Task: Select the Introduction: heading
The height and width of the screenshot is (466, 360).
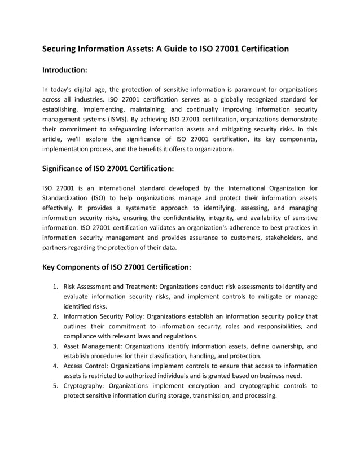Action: pyautogui.click(x=65, y=70)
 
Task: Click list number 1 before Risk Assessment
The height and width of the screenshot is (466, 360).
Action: pyautogui.click(x=56, y=286)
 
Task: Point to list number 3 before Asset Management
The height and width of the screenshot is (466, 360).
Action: pyautogui.click(x=56, y=346)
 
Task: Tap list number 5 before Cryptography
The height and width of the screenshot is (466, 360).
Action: pyautogui.click(x=56, y=386)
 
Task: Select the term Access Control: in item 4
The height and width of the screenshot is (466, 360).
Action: pyautogui.click(x=86, y=366)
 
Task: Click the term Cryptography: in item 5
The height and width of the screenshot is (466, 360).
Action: pyautogui.click(x=84, y=386)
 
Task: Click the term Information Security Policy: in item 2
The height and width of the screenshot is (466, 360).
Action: pyautogui.click(x=103, y=316)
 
